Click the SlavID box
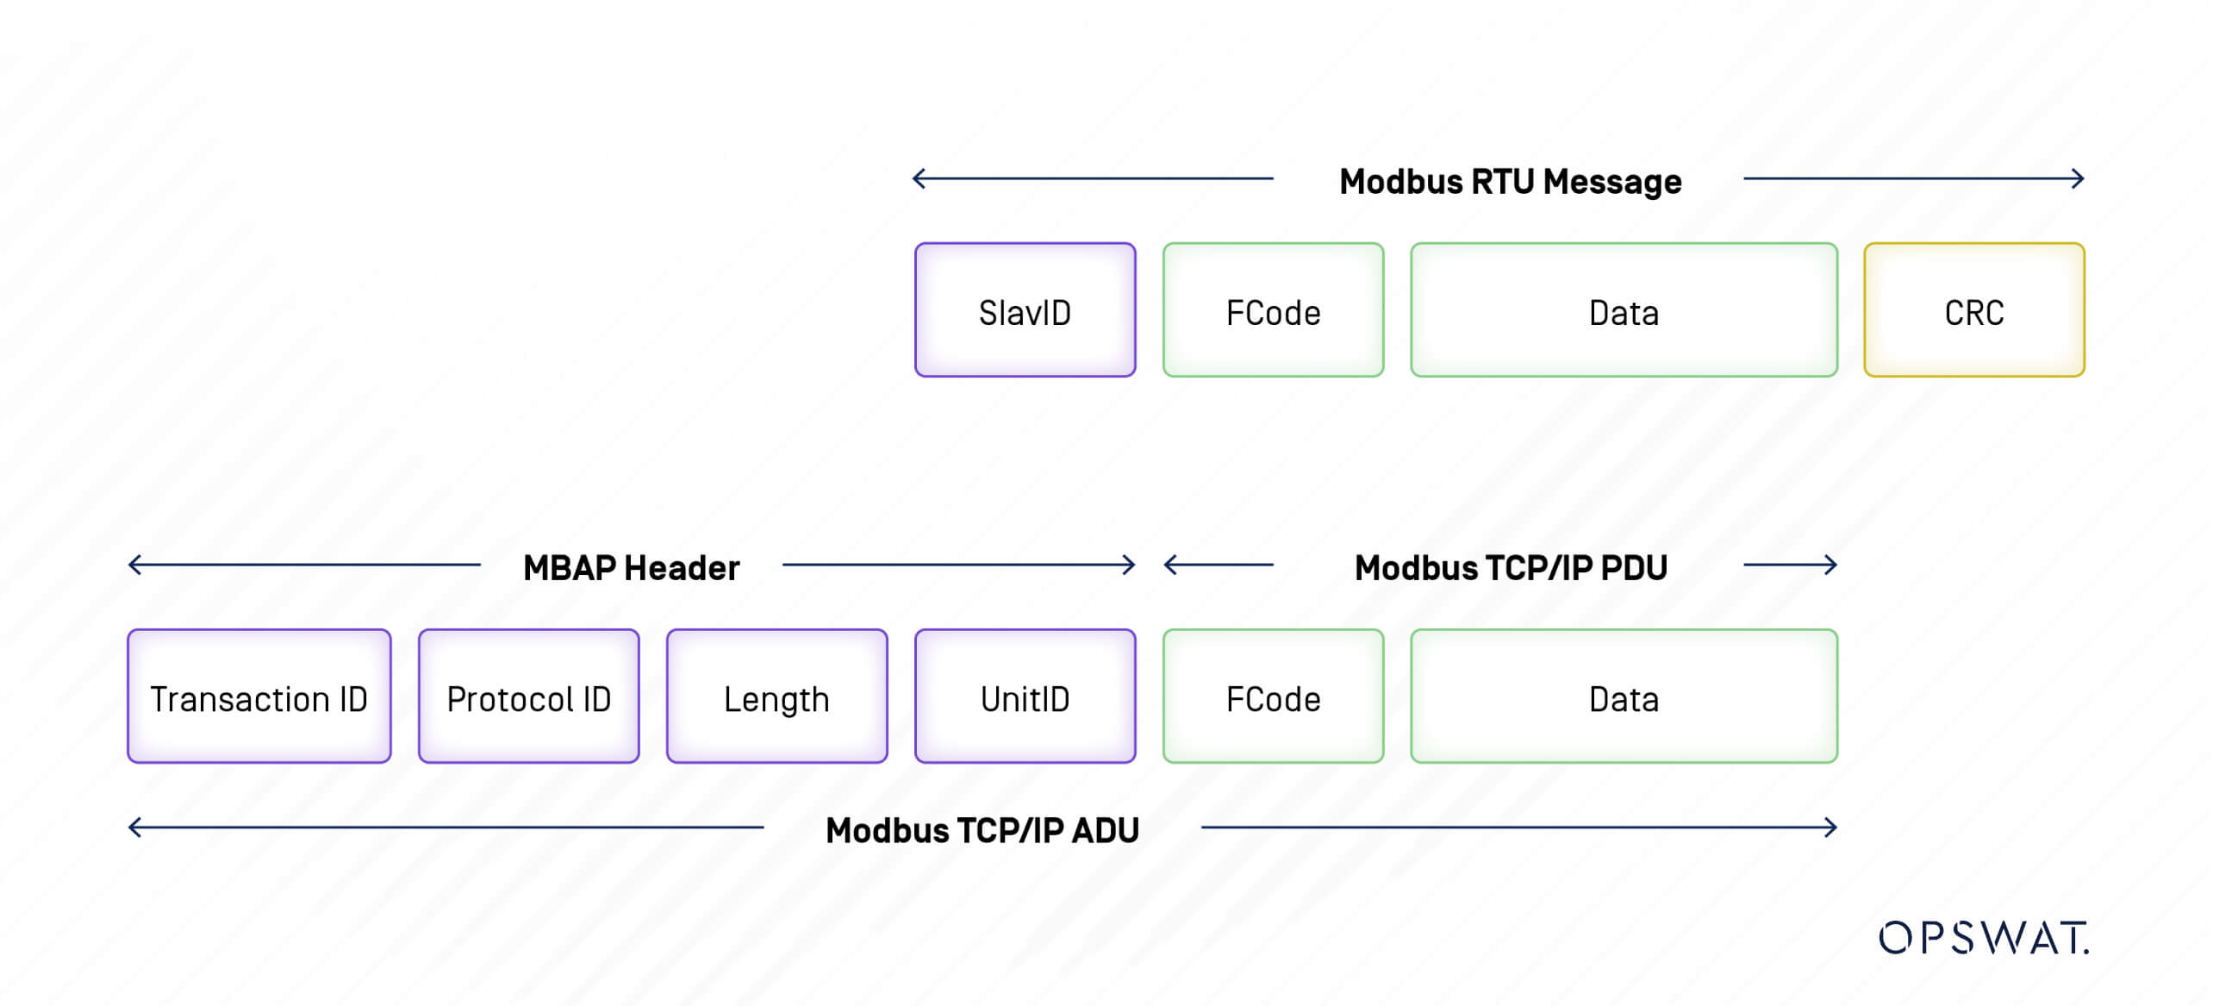click(x=1025, y=310)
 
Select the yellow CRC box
click(x=1973, y=310)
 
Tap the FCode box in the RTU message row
click(x=1273, y=310)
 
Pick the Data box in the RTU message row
click(x=1624, y=310)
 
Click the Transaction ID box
click(x=259, y=697)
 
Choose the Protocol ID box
click(x=528, y=697)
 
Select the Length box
click(x=776, y=697)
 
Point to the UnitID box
click(x=1025, y=697)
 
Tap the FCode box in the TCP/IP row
click(x=1273, y=697)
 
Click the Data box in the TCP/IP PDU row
click(x=1624, y=697)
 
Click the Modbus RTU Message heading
click(x=1510, y=182)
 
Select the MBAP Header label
click(x=631, y=568)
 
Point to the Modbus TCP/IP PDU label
click(x=1511, y=568)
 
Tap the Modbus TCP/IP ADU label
click(x=982, y=830)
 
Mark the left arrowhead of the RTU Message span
click(x=918, y=178)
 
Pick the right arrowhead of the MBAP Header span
click(x=1130, y=565)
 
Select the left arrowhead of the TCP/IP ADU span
click(x=134, y=828)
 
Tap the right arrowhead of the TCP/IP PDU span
click(x=1832, y=565)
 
